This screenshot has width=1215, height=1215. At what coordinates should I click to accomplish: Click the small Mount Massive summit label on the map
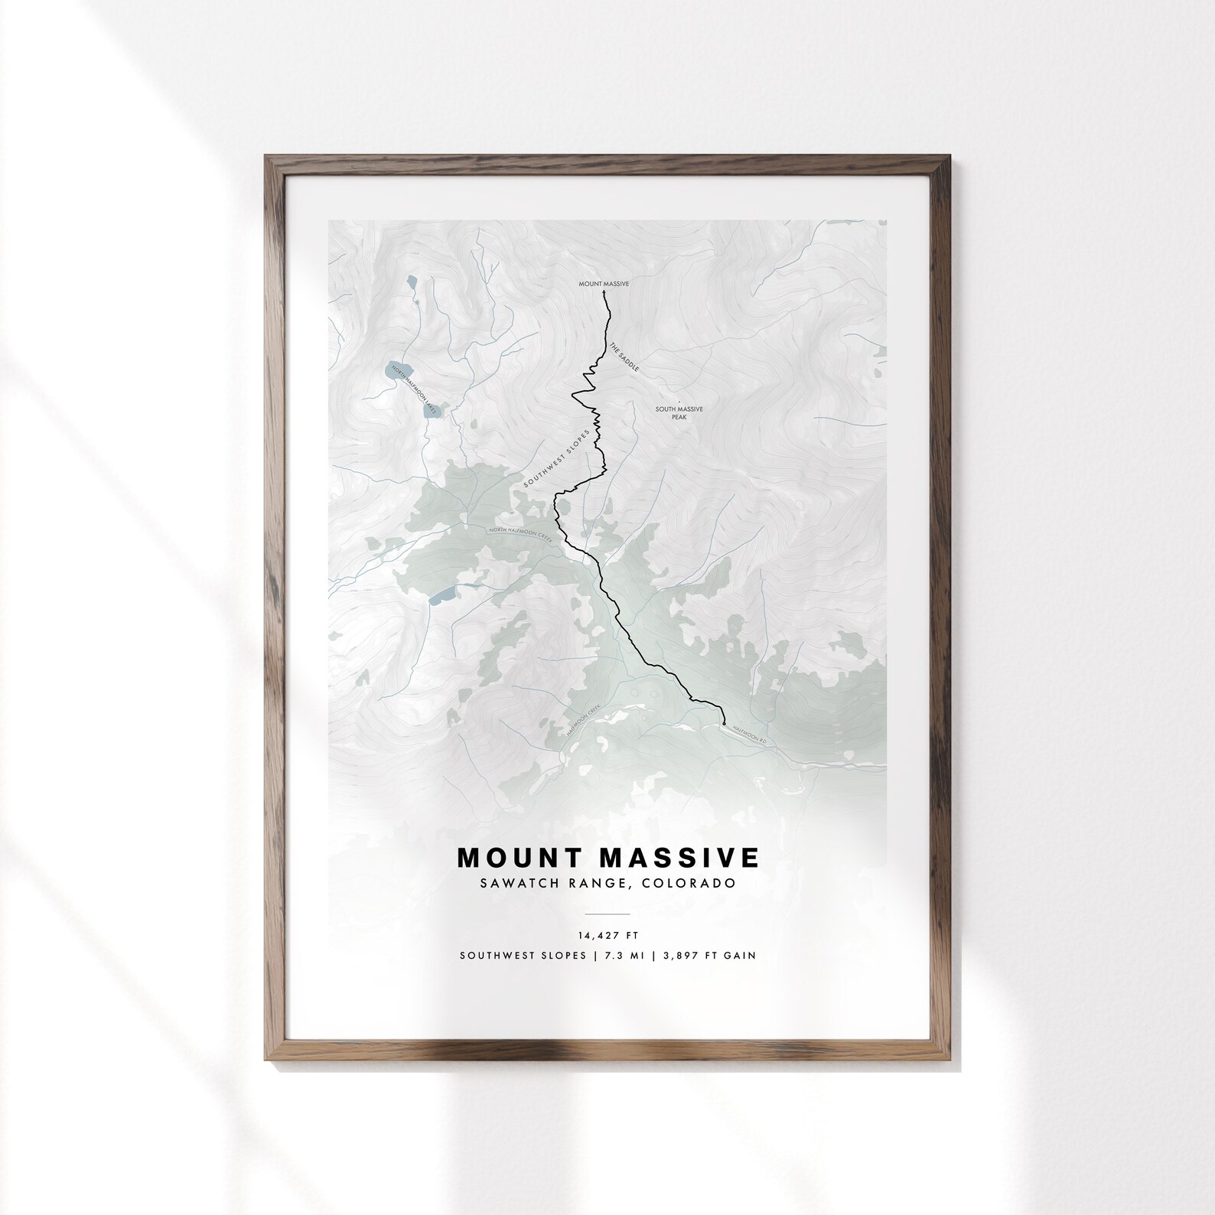click(x=604, y=284)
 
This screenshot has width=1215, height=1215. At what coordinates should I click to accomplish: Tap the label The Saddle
click(x=624, y=357)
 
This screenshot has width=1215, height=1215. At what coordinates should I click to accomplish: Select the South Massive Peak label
click(x=679, y=412)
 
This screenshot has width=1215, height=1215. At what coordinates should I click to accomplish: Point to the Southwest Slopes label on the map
click(x=556, y=458)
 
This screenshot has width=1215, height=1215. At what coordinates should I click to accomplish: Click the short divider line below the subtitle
click(x=607, y=914)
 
